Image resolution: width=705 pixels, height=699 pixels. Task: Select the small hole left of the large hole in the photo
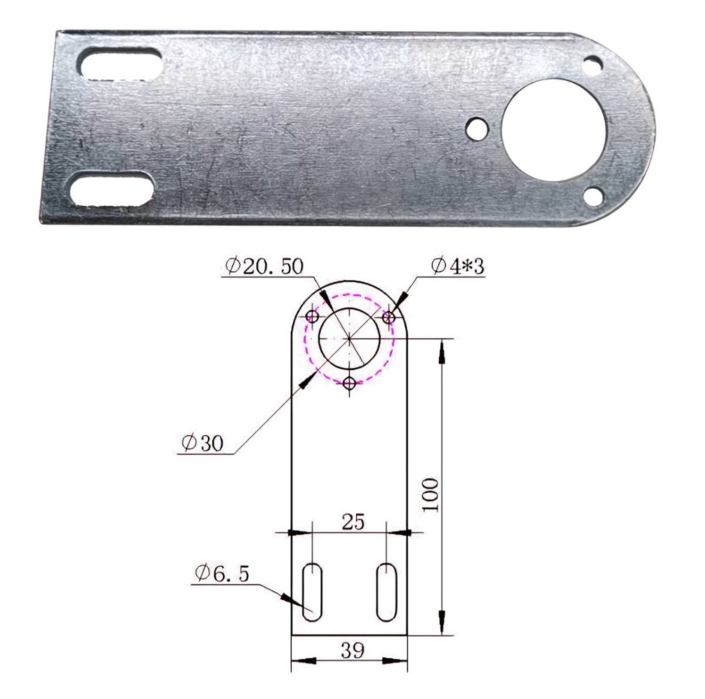477,126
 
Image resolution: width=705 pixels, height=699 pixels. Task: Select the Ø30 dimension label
203,443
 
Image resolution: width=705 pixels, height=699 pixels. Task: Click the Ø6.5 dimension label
220,573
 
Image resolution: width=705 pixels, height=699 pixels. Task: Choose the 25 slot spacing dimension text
352,521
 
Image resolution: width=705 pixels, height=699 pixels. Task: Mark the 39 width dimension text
352,650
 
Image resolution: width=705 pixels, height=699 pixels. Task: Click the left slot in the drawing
312,592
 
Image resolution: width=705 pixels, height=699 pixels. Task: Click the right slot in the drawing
386,592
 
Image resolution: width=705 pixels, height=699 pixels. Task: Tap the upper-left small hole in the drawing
313,317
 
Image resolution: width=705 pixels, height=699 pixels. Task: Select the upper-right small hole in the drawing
388,317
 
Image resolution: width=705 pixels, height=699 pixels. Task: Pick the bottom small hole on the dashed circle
350,383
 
